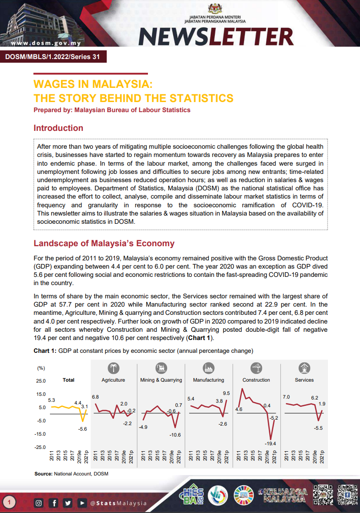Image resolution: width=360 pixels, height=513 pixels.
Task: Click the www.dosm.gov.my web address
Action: coord(45,44)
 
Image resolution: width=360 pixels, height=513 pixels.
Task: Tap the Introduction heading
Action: coord(58,128)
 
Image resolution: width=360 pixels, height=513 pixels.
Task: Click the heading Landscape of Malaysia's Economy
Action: coord(104,243)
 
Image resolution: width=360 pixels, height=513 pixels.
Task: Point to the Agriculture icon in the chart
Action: coord(113,368)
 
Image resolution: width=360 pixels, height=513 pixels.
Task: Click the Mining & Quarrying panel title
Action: coord(161,380)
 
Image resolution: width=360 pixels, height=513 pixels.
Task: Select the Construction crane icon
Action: coord(256,368)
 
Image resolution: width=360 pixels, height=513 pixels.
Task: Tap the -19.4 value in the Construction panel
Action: coord(270,443)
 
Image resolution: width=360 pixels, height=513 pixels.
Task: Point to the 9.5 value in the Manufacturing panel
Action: coord(226,393)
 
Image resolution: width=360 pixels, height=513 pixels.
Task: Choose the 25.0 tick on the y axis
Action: coord(41,381)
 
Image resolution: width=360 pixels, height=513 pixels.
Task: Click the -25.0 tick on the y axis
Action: coord(41,447)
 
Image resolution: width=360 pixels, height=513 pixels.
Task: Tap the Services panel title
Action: coord(304,380)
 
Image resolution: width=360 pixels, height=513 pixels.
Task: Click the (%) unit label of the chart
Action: coord(41,368)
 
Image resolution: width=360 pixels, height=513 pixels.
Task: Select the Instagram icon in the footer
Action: coord(39,503)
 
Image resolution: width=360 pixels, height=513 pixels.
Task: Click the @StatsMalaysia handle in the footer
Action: coord(119,503)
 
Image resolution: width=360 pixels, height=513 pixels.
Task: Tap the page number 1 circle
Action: coord(10,503)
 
